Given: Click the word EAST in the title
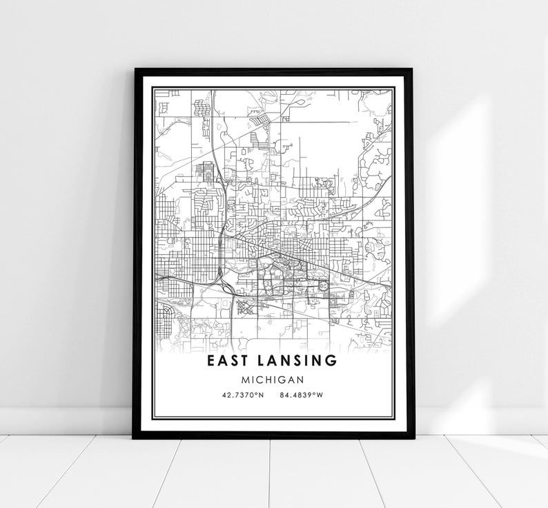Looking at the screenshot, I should (231, 361).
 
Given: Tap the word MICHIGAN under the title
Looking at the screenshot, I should (274, 379).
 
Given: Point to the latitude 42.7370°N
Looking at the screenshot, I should (242, 395).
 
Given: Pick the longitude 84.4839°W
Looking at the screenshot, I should (302, 395).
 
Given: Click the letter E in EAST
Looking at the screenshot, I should (210, 361).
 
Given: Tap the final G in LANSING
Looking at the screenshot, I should (333, 361).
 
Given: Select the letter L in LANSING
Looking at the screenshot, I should (266, 361).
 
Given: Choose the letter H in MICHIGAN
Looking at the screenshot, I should (268, 379).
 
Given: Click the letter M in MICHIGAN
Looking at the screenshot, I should (246, 379).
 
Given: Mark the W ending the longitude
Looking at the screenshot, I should (320, 395).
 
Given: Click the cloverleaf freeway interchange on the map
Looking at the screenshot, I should (225, 282).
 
